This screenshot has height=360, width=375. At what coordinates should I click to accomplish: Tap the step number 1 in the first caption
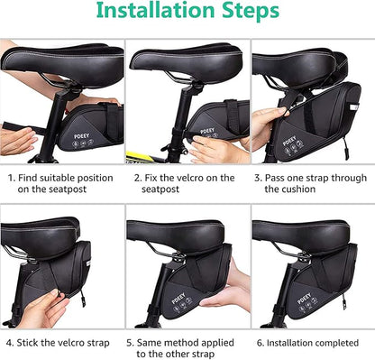click(10, 178)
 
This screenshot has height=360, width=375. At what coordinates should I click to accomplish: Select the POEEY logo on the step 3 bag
click(291, 141)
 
